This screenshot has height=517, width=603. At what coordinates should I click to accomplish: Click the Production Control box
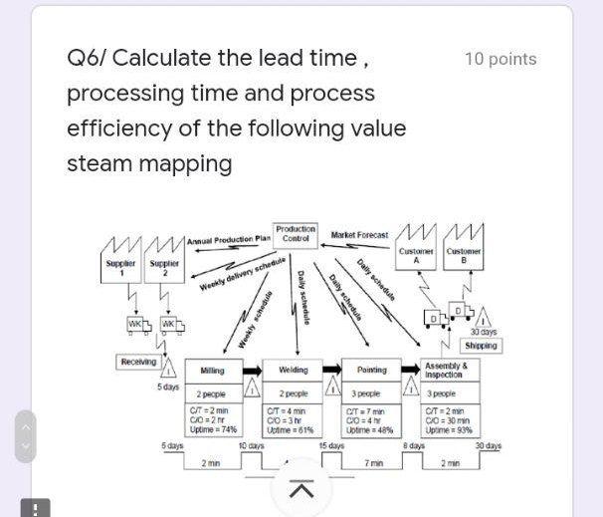pos(296,234)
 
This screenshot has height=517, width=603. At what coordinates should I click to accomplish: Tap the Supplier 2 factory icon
pos(164,260)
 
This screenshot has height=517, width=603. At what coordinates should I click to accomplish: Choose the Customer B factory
pos(464,249)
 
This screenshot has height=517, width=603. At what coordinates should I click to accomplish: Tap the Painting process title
pos(372,370)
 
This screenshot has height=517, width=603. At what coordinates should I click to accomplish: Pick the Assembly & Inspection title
pos(446,370)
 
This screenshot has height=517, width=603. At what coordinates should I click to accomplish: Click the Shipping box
pos(482,346)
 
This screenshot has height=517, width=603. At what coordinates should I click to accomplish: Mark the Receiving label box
pos(137,363)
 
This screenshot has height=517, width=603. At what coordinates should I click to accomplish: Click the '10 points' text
pos(501,59)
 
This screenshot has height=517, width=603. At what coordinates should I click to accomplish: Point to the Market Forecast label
pos(359,235)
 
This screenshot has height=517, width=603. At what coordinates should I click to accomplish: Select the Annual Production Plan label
pos(229,239)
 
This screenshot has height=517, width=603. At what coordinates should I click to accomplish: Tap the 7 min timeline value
pos(373,463)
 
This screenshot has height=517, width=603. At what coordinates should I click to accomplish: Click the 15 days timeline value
pos(331,446)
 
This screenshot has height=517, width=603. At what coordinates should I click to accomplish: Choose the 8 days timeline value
pos(413,446)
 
